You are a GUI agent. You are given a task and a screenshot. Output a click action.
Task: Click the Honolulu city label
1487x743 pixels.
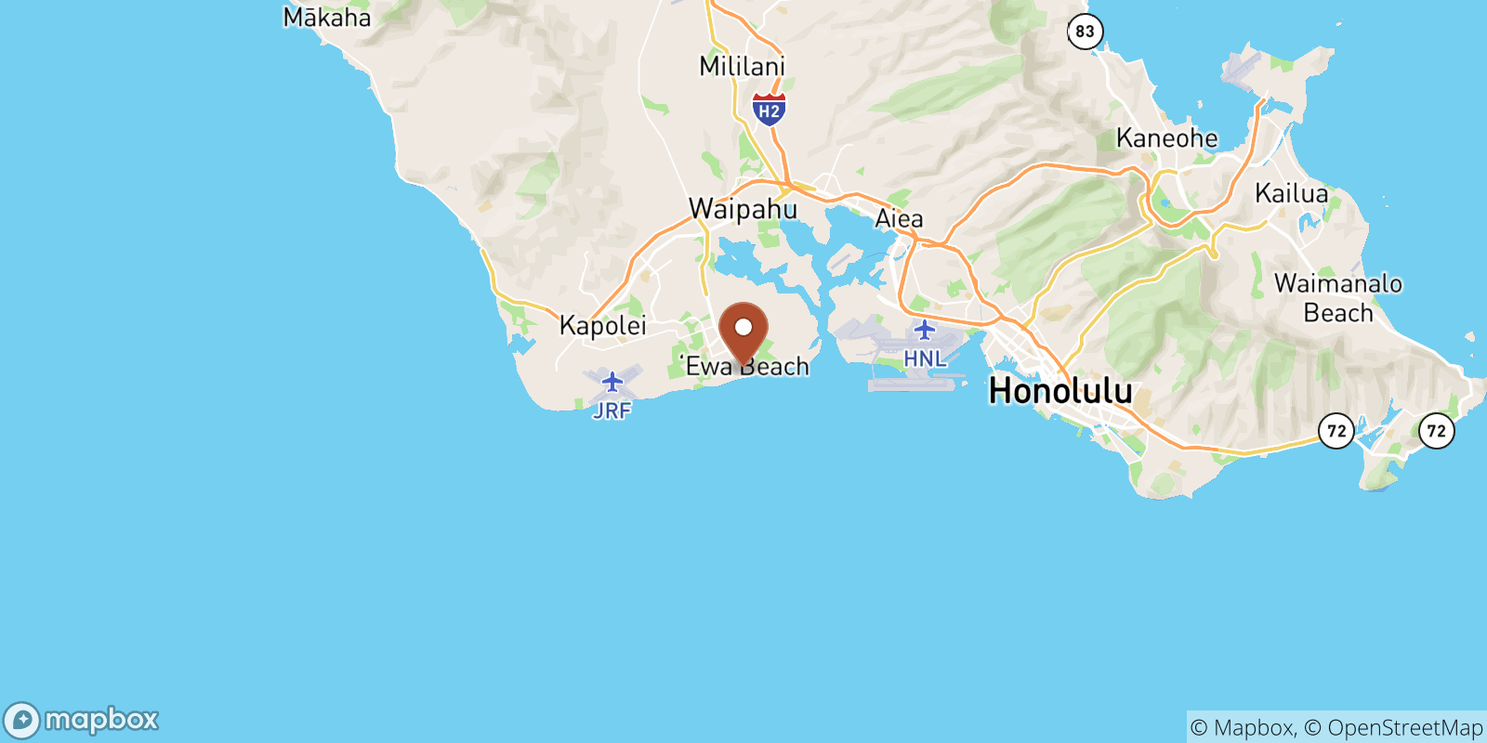point(1060,390)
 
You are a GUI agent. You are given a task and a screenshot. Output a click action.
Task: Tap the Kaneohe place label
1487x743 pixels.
point(1166,138)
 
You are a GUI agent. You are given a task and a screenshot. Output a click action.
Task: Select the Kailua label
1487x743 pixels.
point(1291,193)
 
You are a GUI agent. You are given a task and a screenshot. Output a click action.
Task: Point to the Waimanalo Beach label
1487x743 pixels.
point(1337,297)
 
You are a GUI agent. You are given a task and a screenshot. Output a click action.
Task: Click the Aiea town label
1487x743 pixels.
point(899,218)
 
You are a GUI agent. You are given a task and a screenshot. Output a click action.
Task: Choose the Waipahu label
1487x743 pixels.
point(743,209)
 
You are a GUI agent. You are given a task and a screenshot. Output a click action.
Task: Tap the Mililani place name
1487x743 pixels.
point(742,66)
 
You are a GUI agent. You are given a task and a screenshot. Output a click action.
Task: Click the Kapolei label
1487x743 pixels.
point(602,325)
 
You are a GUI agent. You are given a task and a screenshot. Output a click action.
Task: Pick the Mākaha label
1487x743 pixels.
point(326,18)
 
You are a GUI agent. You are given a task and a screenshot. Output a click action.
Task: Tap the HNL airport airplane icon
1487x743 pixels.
point(924,330)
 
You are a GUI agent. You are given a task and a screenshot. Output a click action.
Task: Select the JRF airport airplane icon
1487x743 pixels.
point(612,382)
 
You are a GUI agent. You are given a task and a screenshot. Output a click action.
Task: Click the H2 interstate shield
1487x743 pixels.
point(769,110)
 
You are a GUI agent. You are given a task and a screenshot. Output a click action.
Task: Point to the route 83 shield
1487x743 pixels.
point(1085,32)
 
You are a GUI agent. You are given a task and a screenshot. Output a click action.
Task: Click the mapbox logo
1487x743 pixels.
point(81,720)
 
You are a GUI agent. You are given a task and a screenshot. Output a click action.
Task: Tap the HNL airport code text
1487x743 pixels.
point(924,358)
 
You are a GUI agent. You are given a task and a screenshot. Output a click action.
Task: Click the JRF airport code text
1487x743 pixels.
point(612,411)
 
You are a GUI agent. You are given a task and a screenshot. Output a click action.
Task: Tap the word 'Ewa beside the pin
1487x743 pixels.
point(708,366)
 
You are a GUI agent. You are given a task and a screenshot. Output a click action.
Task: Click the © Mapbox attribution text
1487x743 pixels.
point(1242,727)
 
